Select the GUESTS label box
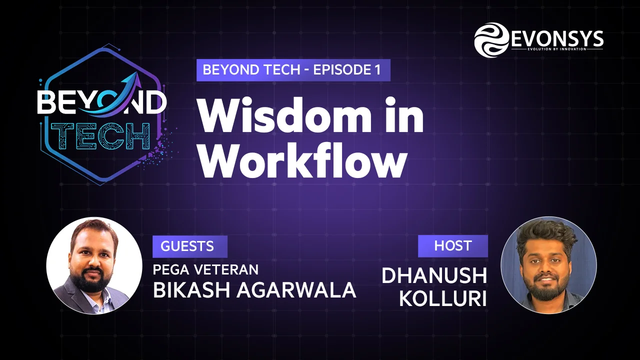[189, 246]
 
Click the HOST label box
[453, 245]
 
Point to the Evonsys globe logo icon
[491, 40]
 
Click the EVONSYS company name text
[556, 38]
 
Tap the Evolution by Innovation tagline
[556, 49]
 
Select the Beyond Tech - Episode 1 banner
[293, 70]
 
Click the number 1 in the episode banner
[377, 70]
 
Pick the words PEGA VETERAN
[205, 269]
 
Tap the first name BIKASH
[191, 290]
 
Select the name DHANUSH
[434, 275]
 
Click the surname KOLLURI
[442, 298]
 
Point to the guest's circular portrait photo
[94, 265]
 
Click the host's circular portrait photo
[548, 265]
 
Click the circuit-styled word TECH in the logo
[100, 136]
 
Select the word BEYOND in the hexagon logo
[101, 102]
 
